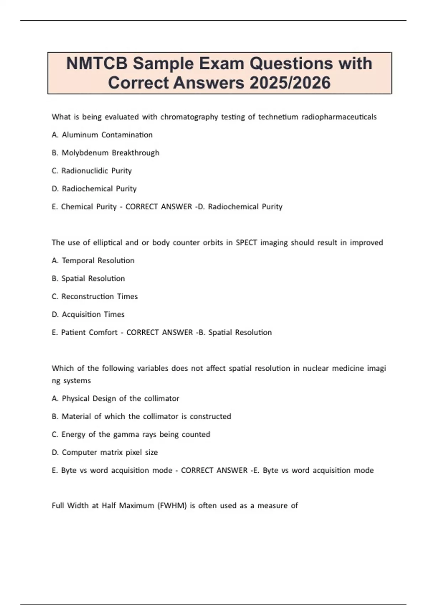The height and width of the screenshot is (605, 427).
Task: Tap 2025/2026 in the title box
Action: (290, 83)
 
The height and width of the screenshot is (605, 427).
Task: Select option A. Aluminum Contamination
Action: (102, 135)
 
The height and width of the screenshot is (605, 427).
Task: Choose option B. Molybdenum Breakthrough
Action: (105, 153)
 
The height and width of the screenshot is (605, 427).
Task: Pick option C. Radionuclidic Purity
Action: (92, 171)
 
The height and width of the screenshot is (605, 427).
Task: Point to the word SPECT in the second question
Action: (246, 243)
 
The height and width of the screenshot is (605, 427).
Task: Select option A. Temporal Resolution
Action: (93, 261)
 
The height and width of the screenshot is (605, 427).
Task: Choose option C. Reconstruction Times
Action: (95, 296)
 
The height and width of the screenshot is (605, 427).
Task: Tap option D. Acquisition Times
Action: (88, 315)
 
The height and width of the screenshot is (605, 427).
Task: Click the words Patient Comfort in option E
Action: (89, 332)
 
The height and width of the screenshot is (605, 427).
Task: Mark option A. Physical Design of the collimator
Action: (115, 399)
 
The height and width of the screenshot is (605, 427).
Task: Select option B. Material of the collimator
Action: (141, 416)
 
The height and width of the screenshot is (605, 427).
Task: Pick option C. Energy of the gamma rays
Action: (131, 435)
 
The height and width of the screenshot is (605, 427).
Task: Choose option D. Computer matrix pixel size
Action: (105, 452)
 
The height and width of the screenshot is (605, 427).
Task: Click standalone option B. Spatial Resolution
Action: (88, 279)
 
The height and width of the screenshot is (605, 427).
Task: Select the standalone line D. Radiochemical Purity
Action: (94, 189)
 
